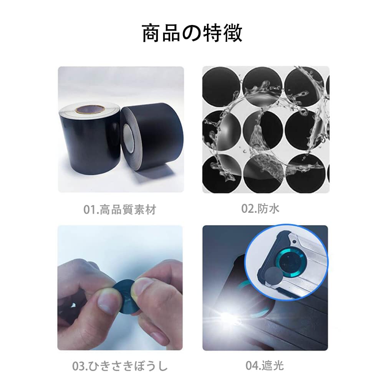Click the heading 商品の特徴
point(192,33)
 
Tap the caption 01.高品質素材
point(120,210)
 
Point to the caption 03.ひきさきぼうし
point(120,366)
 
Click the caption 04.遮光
point(265,365)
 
